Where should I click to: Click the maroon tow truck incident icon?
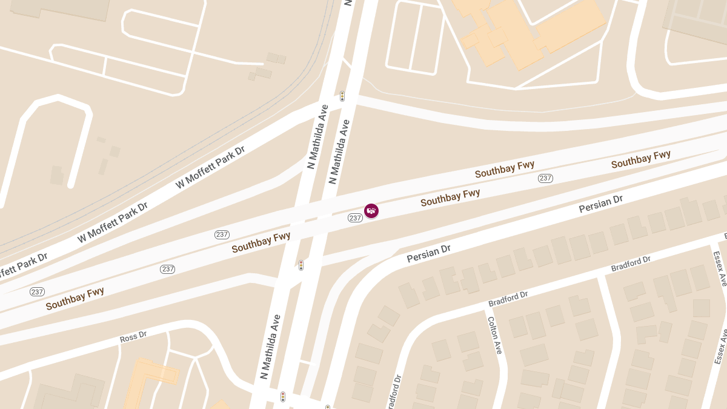(x=371, y=210)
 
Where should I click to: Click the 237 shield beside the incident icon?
(x=355, y=218)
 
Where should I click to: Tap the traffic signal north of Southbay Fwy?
(x=342, y=96)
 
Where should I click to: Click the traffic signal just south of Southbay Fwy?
(x=301, y=265)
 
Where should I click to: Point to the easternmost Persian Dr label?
(x=600, y=204)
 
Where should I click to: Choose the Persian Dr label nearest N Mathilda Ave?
(x=429, y=253)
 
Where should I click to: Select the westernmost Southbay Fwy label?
(x=75, y=298)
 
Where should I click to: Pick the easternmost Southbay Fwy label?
(x=640, y=159)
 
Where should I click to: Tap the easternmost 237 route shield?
(x=545, y=178)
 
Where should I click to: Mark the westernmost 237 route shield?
(x=37, y=291)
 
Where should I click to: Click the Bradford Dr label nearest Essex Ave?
(x=631, y=264)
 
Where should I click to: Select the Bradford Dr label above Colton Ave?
(x=508, y=298)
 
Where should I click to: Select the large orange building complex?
(x=527, y=30)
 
